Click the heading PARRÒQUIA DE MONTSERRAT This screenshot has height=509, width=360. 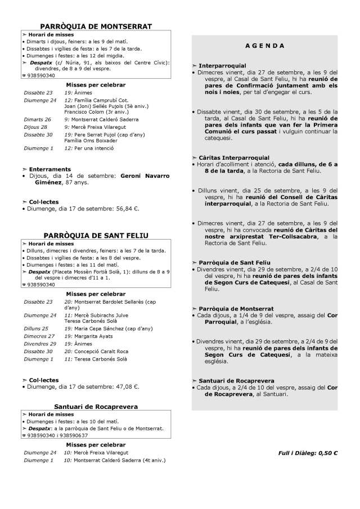(96, 26)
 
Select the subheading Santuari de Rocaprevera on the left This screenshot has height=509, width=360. (96, 406)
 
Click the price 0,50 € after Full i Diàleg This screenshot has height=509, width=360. (327, 452)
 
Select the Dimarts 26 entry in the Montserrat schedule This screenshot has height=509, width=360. (37, 119)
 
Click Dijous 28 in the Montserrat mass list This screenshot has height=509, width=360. (35, 127)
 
